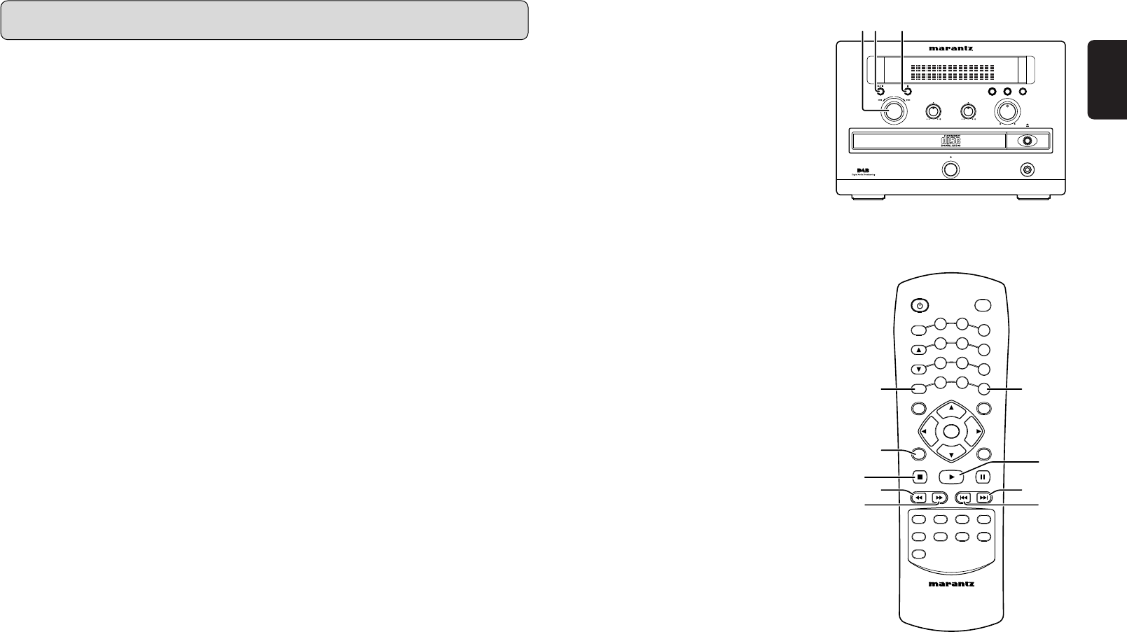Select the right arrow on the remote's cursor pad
coord(977,432)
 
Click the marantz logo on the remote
coord(950,584)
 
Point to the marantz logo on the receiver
coord(950,49)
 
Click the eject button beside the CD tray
coord(1028,141)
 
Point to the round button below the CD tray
coord(950,169)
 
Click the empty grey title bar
coord(264,20)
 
